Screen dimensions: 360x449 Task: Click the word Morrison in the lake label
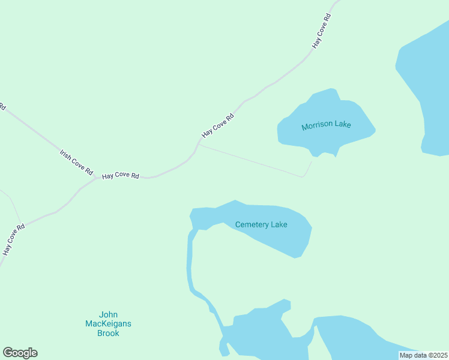pos(317,125)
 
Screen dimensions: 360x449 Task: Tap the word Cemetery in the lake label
pos(252,224)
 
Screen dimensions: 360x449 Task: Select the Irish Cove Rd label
pos(76,162)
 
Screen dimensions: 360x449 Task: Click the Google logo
pos(20,353)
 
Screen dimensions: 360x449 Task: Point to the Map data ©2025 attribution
pos(423,355)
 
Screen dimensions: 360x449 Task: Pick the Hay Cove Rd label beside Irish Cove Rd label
pos(121,176)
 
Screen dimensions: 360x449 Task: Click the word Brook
pos(108,333)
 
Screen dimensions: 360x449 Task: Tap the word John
pos(109,314)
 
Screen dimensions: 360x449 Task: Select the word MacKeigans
pos(108,324)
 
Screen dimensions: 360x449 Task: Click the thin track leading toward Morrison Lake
pos(252,161)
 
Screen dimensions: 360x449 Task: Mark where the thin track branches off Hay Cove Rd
pos(199,144)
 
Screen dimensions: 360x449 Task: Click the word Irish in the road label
pos(65,155)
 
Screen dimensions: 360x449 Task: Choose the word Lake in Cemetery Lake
pos(279,224)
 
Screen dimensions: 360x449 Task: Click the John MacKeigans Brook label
pos(108,324)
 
